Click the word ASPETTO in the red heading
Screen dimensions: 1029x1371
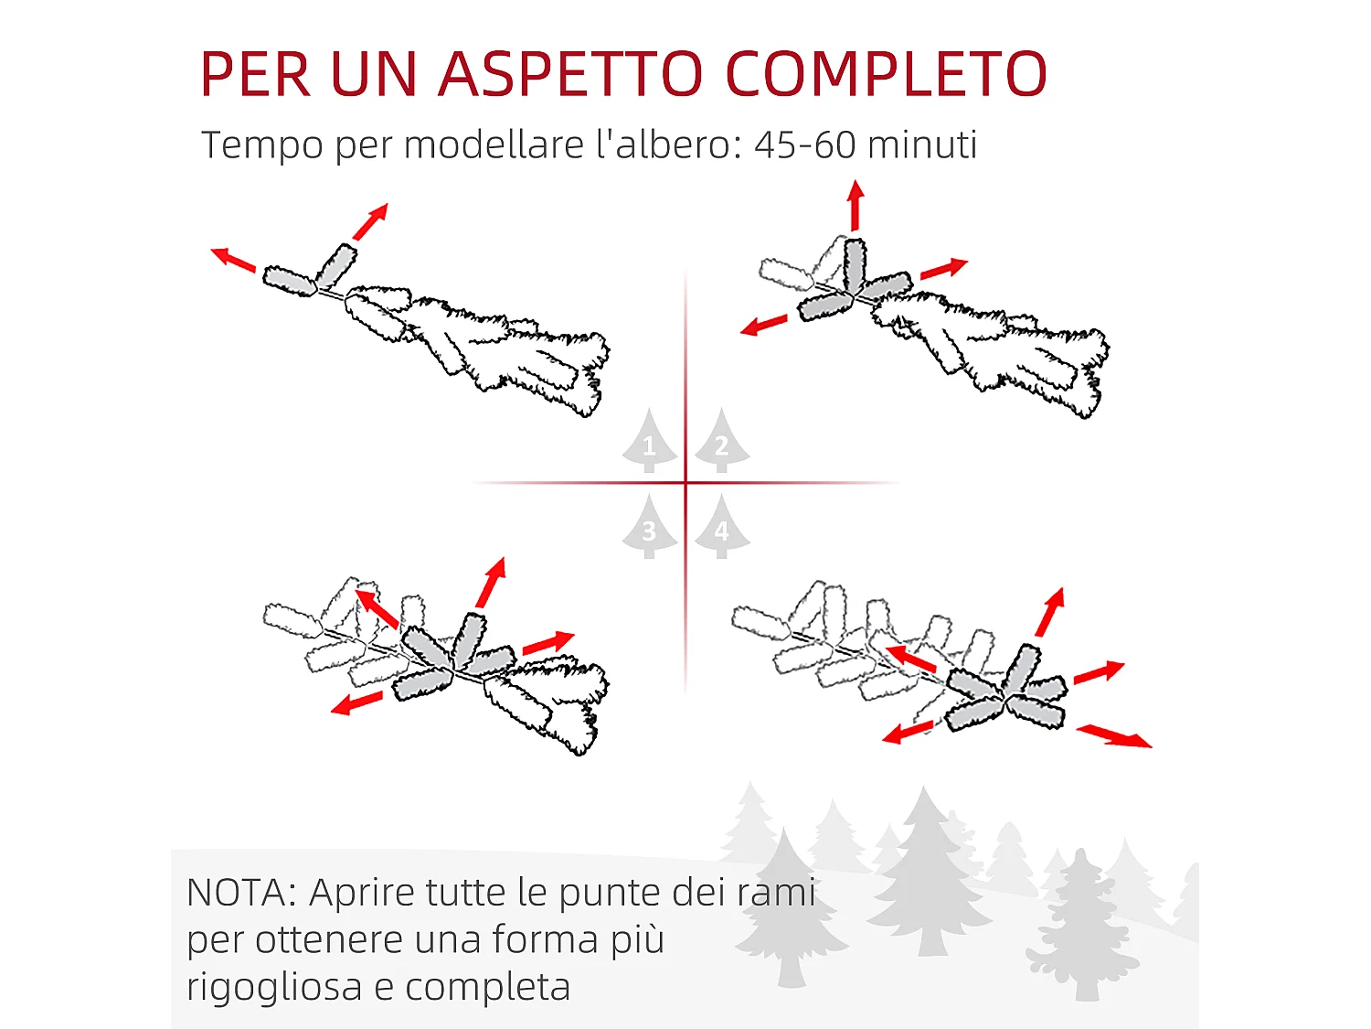(x=570, y=74)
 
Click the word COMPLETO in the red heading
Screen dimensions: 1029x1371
(x=886, y=74)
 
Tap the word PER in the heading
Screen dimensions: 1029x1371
(x=256, y=74)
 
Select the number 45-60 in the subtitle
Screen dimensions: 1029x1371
(x=804, y=145)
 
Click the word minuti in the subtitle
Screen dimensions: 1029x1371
(x=922, y=145)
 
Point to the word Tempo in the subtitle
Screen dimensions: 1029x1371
(x=261, y=145)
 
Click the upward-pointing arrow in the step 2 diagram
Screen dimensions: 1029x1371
(x=856, y=206)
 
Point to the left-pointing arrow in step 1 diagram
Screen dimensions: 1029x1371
(x=233, y=260)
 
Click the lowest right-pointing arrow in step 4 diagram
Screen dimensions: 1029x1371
(x=1114, y=735)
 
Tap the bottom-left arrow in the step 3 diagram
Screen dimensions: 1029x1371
(x=356, y=703)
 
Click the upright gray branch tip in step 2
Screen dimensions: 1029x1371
(x=855, y=266)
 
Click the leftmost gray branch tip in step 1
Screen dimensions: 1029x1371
(x=289, y=281)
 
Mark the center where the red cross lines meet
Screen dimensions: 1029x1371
(x=685, y=482)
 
